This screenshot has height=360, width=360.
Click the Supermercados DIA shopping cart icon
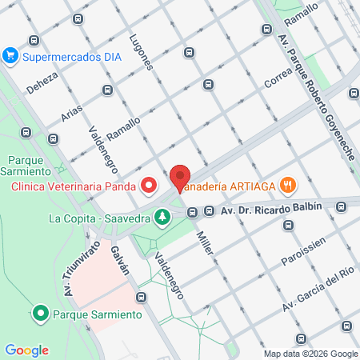tap(10, 55)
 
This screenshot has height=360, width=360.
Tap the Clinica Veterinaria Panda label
tap(72, 188)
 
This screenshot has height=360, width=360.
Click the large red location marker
tap(180, 178)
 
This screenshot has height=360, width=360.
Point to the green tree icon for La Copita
tap(162, 216)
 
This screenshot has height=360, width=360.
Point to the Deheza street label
tap(42, 79)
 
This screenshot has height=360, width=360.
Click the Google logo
tap(26, 350)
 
